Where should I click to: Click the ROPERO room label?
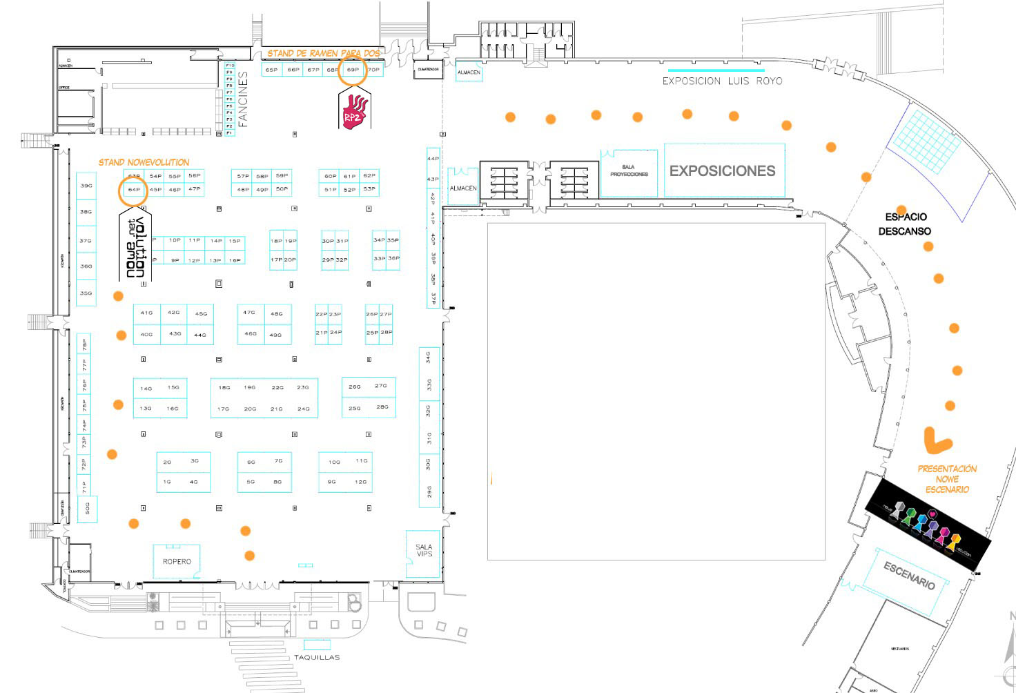(177, 562)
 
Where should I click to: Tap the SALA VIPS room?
(424, 551)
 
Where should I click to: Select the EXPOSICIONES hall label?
(722, 170)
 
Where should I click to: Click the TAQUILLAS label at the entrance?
(317, 657)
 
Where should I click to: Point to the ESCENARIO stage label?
(910, 576)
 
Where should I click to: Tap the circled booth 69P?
(353, 70)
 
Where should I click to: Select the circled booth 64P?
(133, 189)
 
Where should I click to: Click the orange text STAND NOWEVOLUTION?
(144, 162)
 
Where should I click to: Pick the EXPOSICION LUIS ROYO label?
(722, 81)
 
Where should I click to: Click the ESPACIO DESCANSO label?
(904, 224)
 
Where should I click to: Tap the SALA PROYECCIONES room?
(629, 170)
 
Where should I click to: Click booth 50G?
(87, 509)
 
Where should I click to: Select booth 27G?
(380, 386)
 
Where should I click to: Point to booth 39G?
(86, 186)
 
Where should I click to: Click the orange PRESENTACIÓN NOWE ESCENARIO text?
(947, 479)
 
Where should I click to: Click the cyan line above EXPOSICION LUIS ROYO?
(716, 70)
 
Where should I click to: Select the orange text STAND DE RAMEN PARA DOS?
(324, 53)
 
